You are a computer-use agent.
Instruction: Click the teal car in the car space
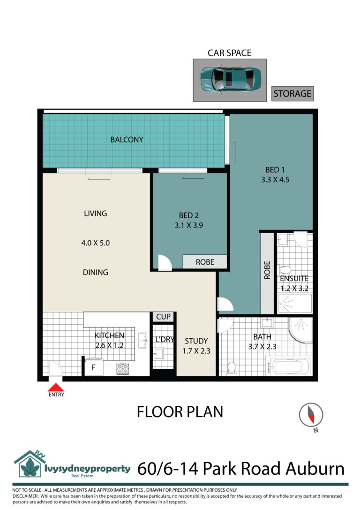[230, 79]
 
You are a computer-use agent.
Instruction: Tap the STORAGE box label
[292, 94]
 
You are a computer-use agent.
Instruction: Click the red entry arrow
[56, 387]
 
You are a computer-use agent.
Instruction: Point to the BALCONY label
[127, 139]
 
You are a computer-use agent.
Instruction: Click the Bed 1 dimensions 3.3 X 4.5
[275, 180]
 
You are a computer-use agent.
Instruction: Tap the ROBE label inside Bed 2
[205, 262]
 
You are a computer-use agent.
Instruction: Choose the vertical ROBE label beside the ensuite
[267, 270]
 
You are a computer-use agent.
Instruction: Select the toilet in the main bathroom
[232, 367]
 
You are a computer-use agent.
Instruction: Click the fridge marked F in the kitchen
[94, 367]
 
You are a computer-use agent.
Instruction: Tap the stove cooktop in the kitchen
[122, 368]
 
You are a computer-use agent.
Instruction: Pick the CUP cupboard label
[163, 317]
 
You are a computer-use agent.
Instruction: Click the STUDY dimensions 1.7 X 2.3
[196, 351]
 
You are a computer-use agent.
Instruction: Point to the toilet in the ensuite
[285, 270]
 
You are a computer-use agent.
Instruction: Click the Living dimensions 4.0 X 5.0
[96, 243]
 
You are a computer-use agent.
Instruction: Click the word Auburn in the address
[315, 469]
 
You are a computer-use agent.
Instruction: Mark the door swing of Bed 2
[165, 262]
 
